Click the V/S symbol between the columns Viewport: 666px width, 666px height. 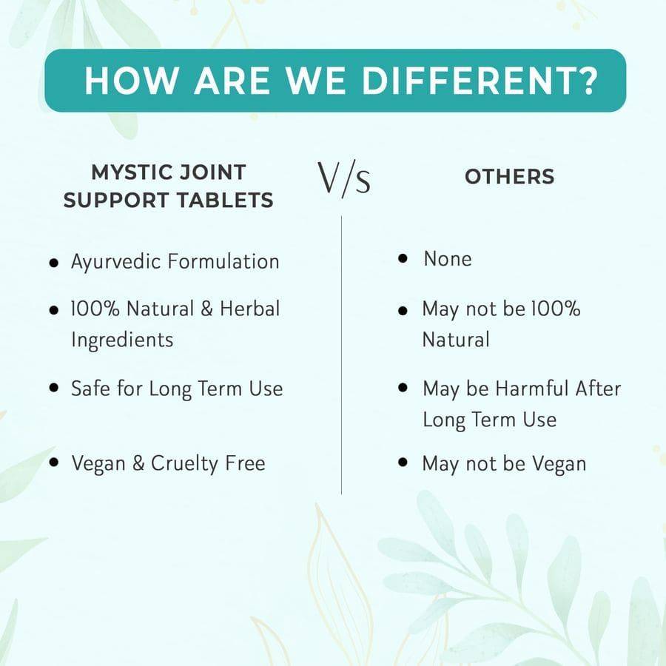pyautogui.click(x=344, y=179)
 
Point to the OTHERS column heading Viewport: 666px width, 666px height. pyautogui.click(x=510, y=177)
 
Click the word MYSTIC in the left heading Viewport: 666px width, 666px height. pyautogui.click(x=129, y=172)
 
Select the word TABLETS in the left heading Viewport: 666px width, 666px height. pyautogui.click(x=225, y=200)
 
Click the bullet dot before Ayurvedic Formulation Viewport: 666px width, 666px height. pyautogui.click(x=53, y=263)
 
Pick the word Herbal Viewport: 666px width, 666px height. pyautogui.click(x=250, y=309)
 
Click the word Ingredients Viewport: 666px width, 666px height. pyautogui.click(x=122, y=340)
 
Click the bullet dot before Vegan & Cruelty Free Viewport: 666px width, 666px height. pyautogui.click(x=53, y=462)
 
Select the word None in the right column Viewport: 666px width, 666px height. pyautogui.click(x=448, y=259)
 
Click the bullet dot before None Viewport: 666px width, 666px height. pyautogui.click(x=403, y=258)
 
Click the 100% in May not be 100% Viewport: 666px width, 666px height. pyautogui.click(x=556, y=309)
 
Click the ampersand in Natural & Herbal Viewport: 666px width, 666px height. pyautogui.click(x=207, y=309)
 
